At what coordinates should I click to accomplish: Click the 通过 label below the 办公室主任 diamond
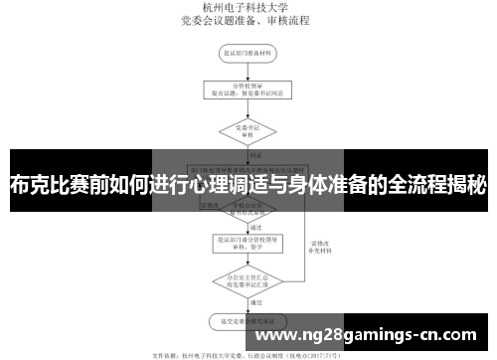(255, 302)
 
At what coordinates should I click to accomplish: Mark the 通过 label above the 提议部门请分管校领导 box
(255, 226)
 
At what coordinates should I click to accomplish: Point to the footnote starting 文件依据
(248, 353)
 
